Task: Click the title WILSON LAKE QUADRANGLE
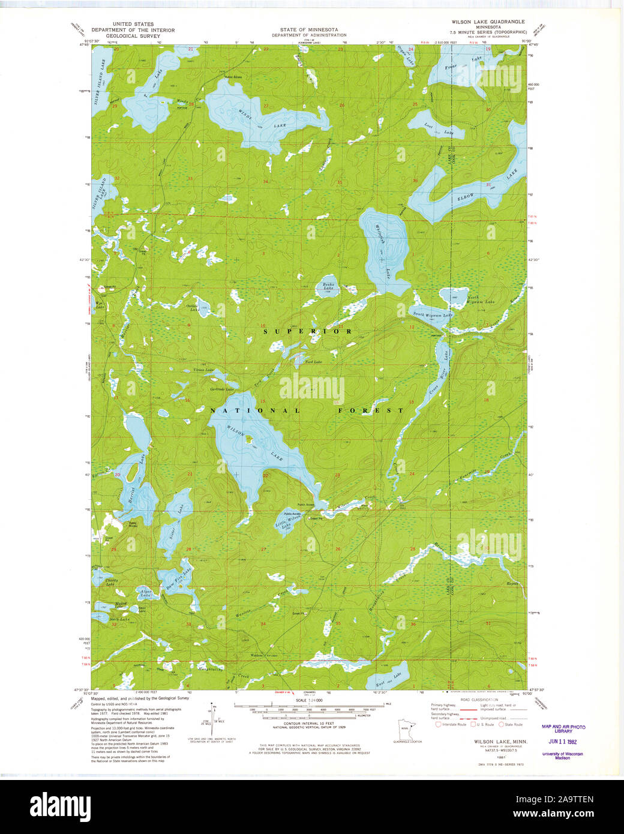point(488,22)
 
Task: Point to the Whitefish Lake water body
point(384,252)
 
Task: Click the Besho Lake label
point(328,287)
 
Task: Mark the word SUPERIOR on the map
point(307,331)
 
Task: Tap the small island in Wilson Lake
point(249,438)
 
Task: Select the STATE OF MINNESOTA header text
point(308,29)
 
